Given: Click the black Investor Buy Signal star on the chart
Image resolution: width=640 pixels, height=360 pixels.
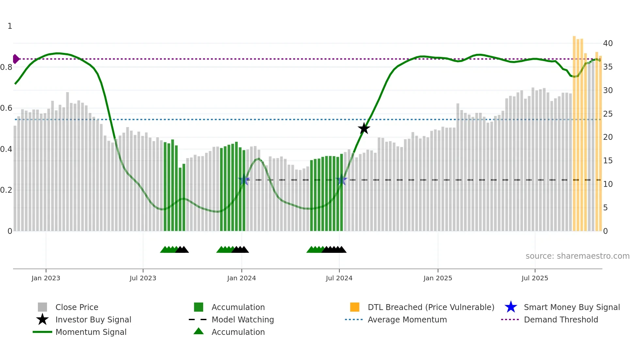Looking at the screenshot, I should click(x=364, y=128).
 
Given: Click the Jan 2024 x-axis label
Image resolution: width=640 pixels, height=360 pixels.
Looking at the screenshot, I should click(x=241, y=278).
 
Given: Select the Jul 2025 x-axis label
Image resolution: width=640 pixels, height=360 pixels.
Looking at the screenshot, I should click(x=535, y=278).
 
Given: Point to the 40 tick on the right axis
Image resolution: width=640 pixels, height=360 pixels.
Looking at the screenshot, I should click(x=608, y=43).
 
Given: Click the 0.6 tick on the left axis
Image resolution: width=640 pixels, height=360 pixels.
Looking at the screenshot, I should click(x=6, y=108).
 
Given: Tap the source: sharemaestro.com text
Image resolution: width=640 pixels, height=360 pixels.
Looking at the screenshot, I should click(x=577, y=256).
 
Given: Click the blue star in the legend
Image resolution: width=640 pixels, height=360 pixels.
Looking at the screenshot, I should click(x=511, y=307).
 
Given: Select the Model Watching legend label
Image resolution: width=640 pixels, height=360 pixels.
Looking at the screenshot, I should click(x=243, y=319).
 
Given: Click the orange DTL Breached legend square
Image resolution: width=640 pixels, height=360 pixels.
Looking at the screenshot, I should click(x=355, y=307).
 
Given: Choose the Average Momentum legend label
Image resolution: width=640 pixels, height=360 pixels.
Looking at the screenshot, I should click(x=407, y=319).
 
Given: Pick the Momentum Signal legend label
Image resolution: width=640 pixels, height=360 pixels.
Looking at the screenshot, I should click(x=91, y=332).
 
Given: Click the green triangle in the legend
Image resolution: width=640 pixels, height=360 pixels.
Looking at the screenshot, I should click(x=199, y=331).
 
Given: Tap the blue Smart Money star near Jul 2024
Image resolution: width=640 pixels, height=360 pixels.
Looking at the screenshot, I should click(x=342, y=180).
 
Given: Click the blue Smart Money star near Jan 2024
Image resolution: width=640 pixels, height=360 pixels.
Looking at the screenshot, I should click(x=244, y=180).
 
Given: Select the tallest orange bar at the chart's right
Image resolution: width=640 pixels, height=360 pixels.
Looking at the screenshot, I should click(x=574, y=131).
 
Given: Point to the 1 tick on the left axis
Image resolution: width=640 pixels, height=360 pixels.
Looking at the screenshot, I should click(x=10, y=26).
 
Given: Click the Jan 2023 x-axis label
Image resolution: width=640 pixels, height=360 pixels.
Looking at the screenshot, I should click(x=46, y=278).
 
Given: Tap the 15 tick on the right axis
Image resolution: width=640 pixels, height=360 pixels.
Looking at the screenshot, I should click(x=608, y=161).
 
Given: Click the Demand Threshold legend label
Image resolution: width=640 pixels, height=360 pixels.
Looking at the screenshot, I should click(x=561, y=319).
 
